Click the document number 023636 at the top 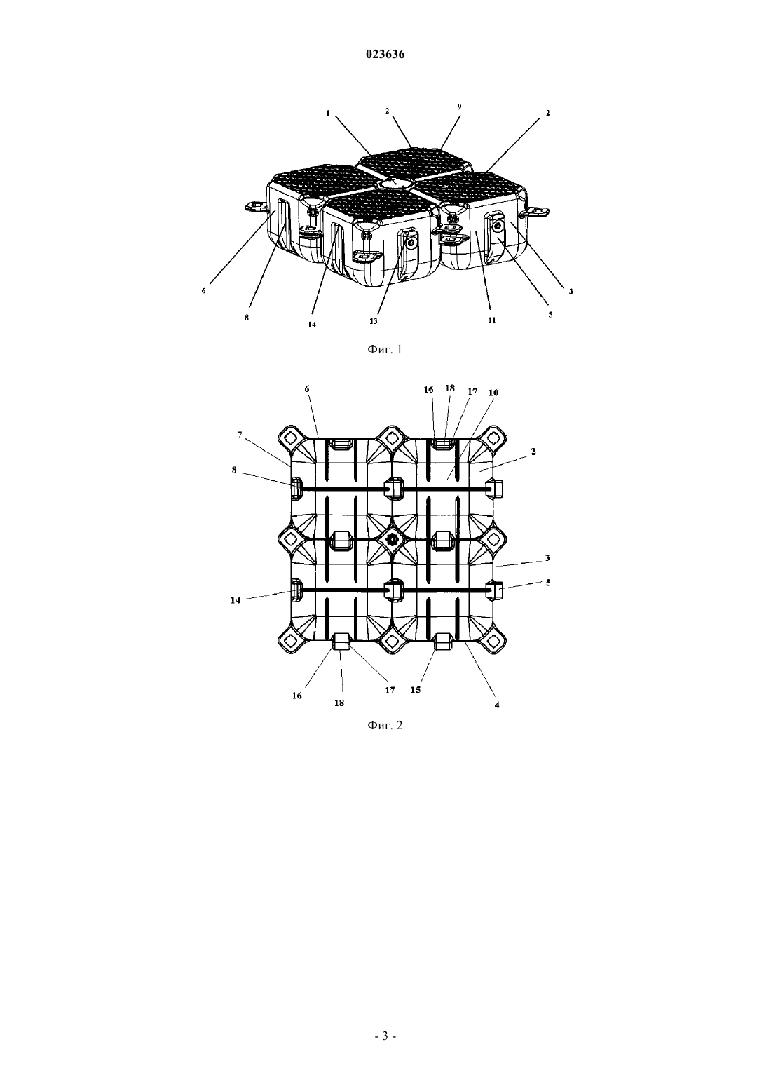tap(385, 55)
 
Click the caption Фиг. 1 tap(385, 349)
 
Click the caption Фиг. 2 tap(385, 725)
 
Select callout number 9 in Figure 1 tap(459, 107)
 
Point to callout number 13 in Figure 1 tap(374, 321)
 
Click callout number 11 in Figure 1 tap(491, 320)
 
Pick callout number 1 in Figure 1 tap(328, 113)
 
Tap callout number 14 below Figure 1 tap(311, 325)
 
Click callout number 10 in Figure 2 tap(493, 392)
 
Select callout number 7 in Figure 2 tap(240, 435)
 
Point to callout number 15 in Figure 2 tap(416, 690)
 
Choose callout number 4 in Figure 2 tap(497, 704)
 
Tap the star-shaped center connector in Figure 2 tap(392, 539)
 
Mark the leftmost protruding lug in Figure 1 tap(256, 207)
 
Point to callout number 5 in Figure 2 tap(548, 583)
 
